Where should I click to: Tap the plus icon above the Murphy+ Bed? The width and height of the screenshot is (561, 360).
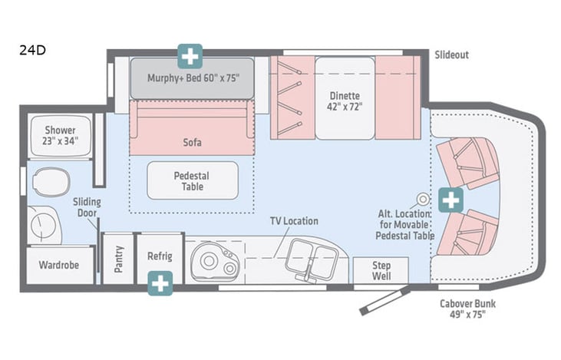pyautogui.click(x=190, y=56)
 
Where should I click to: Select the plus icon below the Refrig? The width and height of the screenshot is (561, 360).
pyautogui.click(x=160, y=283)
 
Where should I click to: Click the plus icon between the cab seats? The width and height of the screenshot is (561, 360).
pyautogui.click(x=451, y=201)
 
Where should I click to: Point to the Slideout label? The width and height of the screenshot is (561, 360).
pyautogui.click(x=451, y=55)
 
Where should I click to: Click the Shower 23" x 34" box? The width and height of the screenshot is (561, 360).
pyautogui.click(x=60, y=135)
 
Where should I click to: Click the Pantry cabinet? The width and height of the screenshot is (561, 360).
pyautogui.click(x=118, y=258)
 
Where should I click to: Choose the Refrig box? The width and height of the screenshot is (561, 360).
pyautogui.click(x=160, y=256)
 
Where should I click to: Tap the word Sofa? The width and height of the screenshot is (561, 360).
pyautogui.click(x=192, y=142)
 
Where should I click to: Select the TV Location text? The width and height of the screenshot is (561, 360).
pyautogui.click(x=293, y=221)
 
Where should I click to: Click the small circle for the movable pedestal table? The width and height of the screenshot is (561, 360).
pyautogui.click(x=421, y=197)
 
